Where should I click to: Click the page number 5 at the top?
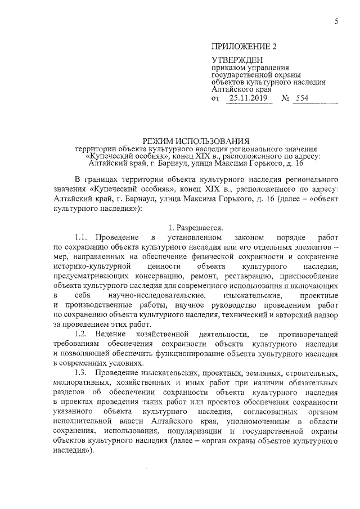point(336,22)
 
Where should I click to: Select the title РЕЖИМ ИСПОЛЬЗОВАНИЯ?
point(197,140)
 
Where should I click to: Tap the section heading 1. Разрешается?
point(196,228)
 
